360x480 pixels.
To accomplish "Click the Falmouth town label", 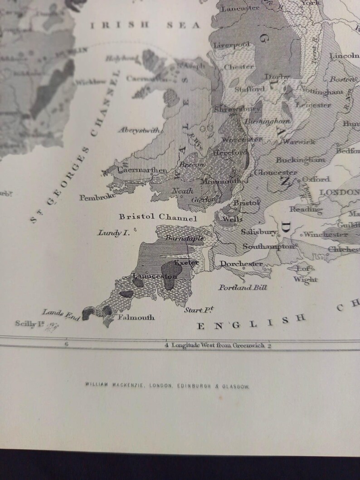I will pyautogui.click(x=136, y=318).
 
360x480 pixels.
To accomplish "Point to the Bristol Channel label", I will pyautogui.click(x=158, y=218).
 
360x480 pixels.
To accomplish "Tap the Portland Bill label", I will pyautogui.click(x=243, y=287).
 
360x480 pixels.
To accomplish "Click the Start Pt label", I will pyautogui.click(x=199, y=310).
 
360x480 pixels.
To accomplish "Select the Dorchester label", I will pyautogui.click(x=241, y=263).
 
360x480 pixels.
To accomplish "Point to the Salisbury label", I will pyautogui.click(x=258, y=232).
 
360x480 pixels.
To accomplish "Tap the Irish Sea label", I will pyautogui.click(x=145, y=25).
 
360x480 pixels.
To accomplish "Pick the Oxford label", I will pyautogui.click(x=316, y=179).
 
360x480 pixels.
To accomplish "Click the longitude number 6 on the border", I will pyautogui.click(x=67, y=344).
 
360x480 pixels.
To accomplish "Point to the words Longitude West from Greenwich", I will pyautogui.click(x=218, y=345).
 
